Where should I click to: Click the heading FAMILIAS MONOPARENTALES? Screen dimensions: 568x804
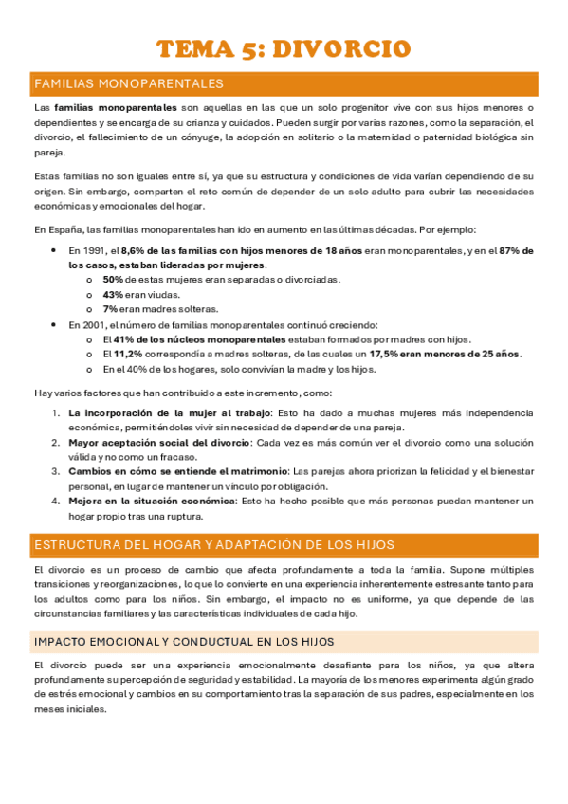(129, 84)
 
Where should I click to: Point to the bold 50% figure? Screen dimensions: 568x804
(113, 280)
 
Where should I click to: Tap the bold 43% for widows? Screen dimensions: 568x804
(113, 294)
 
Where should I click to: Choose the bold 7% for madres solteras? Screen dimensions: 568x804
(110, 308)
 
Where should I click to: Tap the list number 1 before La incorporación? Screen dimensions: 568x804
(55, 412)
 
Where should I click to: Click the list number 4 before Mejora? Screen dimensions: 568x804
(55, 501)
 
